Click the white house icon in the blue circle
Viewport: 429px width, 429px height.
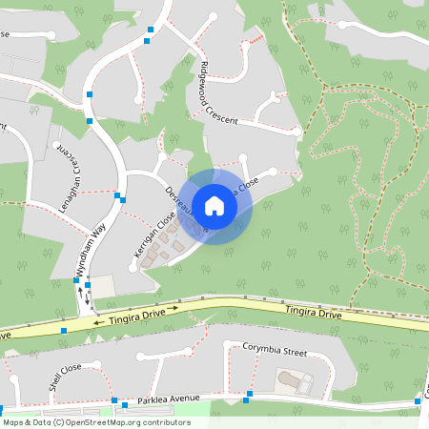point(214,205)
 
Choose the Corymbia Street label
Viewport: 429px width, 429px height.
point(275,350)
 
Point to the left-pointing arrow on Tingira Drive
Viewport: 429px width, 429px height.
point(98,322)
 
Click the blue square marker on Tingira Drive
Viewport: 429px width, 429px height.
point(63,330)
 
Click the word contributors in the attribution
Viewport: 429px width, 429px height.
point(164,421)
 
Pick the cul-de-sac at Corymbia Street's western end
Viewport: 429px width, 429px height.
point(140,357)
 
